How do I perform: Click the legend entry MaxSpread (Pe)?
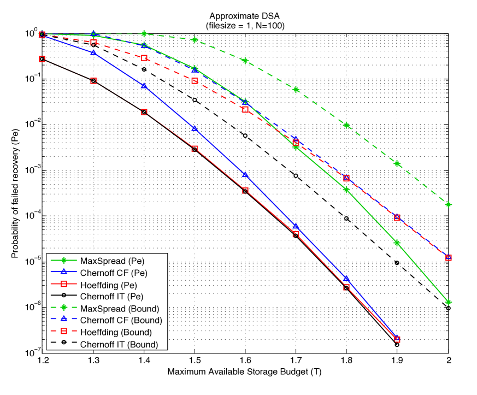pos(112,261)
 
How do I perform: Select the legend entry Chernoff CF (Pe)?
pos(113,273)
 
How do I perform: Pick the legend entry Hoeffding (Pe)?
pos(108,285)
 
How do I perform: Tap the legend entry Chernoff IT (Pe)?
pos(111,297)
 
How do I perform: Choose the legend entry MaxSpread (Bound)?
pos(119,309)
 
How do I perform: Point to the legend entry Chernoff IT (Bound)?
pos(119,344)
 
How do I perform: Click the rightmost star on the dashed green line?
pos(449,204)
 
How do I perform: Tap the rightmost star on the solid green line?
pos(449,302)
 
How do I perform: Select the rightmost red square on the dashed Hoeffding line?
pos(449,257)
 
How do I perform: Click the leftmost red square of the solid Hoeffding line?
pos(43,58)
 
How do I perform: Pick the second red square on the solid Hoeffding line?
pos(93,80)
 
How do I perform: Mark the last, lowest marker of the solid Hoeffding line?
pos(397,339)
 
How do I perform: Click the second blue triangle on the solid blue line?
pos(93,52)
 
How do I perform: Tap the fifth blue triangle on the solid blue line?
pos(245,174)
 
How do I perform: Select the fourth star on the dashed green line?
pos(195,40)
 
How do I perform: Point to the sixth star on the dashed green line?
pos(296,89)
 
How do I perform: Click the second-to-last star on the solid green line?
pos(397,243)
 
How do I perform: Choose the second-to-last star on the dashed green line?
pos(397,163)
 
